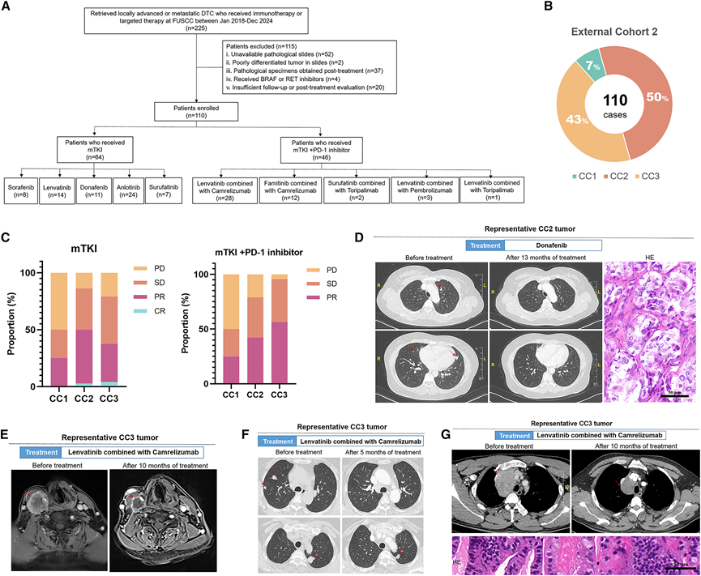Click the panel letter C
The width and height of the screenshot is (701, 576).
(x=7, y=241)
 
